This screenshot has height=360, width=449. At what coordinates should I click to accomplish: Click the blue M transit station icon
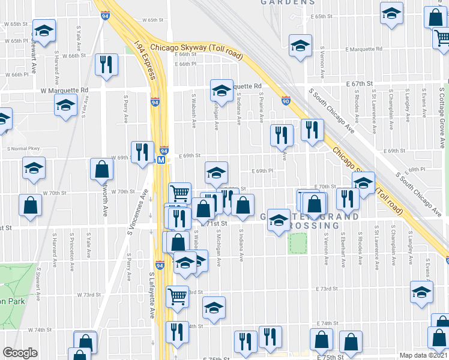[x=161, y=160]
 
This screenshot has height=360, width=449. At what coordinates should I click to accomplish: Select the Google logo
[x=20, y=352]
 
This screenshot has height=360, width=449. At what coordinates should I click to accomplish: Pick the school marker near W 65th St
[x=43, y=30]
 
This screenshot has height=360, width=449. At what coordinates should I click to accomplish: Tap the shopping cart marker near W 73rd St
[x=178, y=296]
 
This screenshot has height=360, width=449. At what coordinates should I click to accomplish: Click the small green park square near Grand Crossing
[x=297, y=242]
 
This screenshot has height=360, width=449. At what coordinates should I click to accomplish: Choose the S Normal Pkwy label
[x=23, y=148]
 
